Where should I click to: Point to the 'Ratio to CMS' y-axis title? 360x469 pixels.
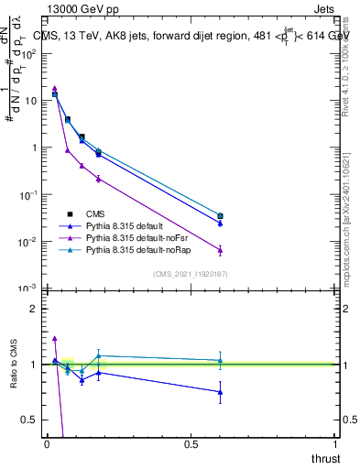pos(14,365)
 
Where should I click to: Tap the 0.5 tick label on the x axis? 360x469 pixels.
pos(191,444)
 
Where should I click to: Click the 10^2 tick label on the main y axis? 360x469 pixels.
pos(28,53)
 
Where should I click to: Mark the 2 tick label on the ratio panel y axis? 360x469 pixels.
pos(33,309)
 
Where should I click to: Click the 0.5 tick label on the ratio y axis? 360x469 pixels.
pos(29,420)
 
